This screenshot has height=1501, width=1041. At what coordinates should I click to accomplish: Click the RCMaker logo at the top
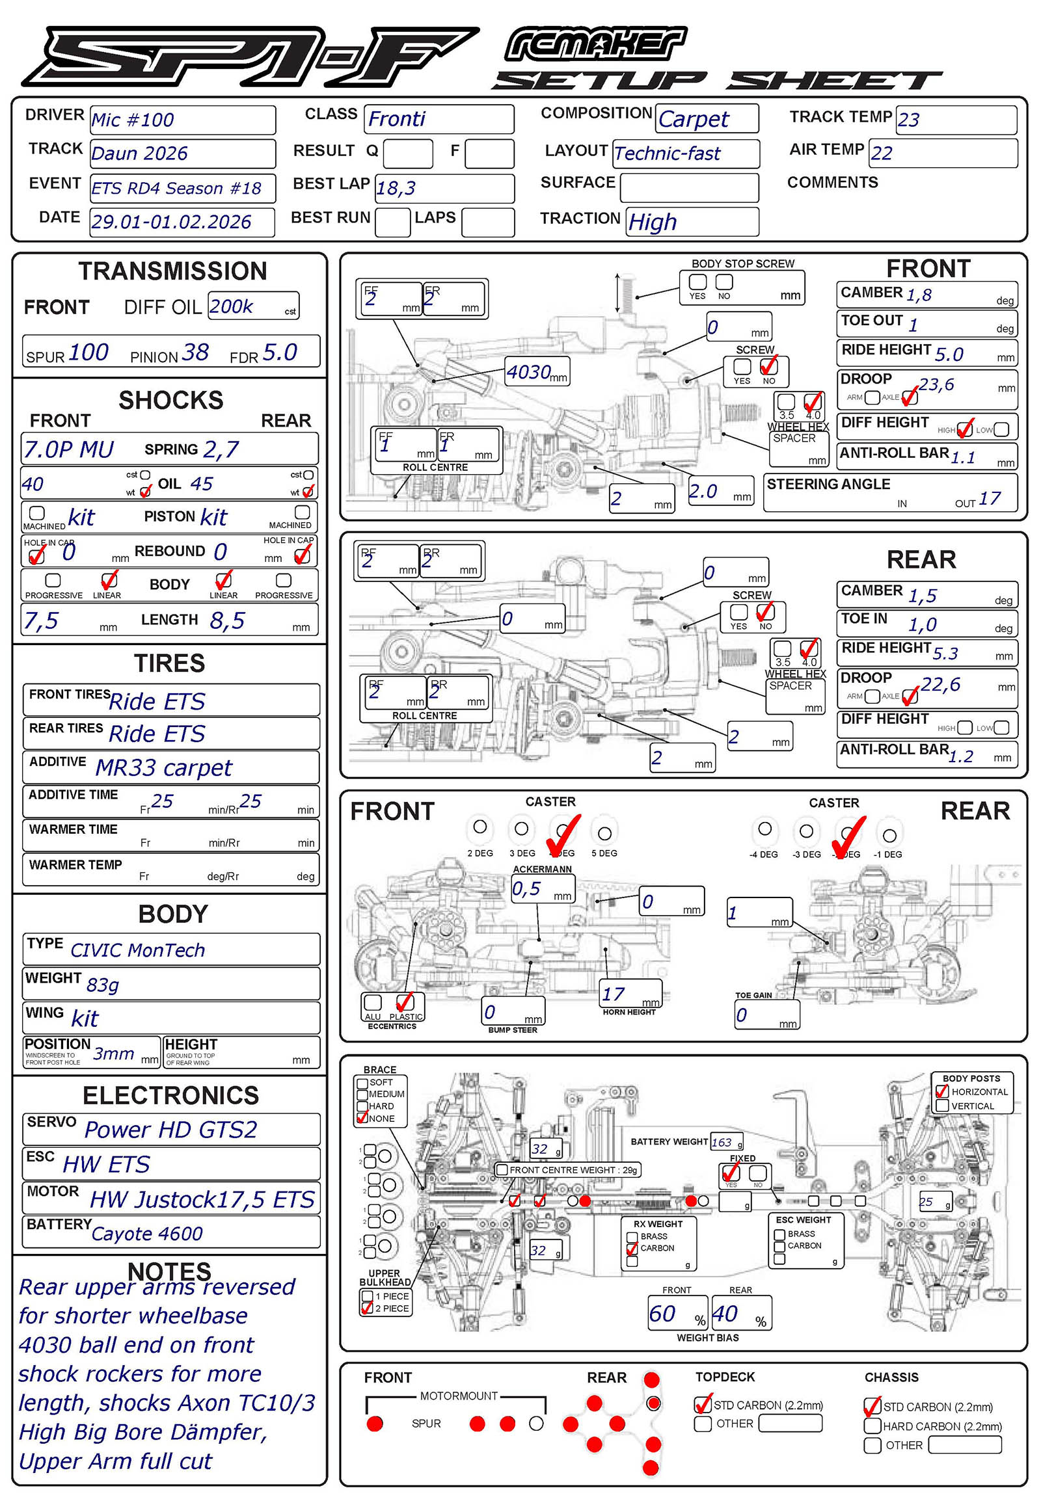pyautogui.click(x=595, y=44)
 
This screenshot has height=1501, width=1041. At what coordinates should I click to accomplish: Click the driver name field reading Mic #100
pyautogui.click(x=133, y=120)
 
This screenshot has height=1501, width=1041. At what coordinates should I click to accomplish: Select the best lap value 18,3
pyautogui.click(x=396, y=189)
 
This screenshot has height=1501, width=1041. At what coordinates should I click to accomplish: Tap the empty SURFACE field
pyautogui.click(x=689, y=188)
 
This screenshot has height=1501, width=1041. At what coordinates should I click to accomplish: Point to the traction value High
pyautogui.click(x=653, y=222)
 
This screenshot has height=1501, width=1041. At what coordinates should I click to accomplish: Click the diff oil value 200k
pyautogui.click(x=231, y=306)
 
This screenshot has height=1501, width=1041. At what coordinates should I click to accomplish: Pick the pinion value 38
pyautogui.click(x=195, y=352)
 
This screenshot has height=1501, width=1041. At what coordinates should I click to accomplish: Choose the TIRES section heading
pyautogui.click(x=170, y=663)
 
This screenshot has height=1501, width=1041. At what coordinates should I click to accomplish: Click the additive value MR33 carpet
pyautogui.click(x=163, y=767)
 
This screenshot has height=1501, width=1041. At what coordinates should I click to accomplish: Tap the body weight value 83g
pyautogui.click(x=102, y=985)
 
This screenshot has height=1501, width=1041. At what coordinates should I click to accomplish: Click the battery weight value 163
pyautogui.click(x=722, y=1142)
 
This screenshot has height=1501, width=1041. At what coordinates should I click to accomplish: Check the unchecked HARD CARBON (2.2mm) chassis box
pyautogui.click(x=872, y=1426)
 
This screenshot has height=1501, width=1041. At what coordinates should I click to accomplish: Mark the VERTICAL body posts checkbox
pyautogui.click(x=942, y=1105)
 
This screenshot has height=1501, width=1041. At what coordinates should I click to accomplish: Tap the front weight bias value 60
pyautogui.click(x=662, y=1314)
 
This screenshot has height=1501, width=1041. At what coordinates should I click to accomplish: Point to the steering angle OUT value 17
pyautogui.click(x=990, y=499)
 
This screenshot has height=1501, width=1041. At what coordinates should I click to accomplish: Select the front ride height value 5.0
pyautogui.click(x=949, y=354)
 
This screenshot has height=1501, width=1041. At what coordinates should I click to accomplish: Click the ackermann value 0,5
pyautogui.click(x=526, y=889)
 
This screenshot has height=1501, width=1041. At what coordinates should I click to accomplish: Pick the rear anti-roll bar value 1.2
pyautogui.click(x=960, y=756)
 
